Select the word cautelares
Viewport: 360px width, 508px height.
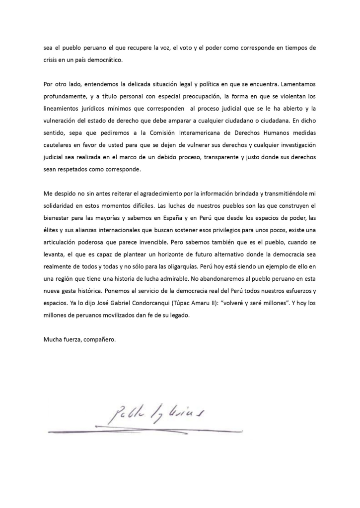(x=58, y=147)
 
